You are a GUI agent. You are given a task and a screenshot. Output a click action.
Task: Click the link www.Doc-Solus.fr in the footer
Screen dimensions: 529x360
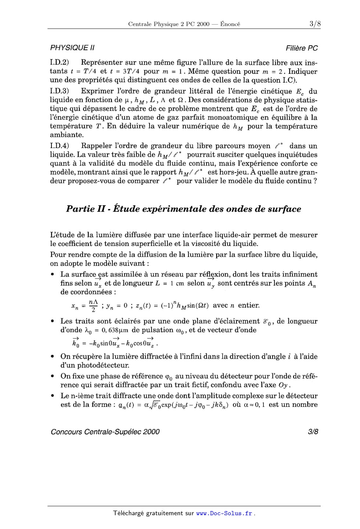(x=224, y=513)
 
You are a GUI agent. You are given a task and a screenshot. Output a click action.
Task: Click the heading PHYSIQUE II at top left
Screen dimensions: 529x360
(x=72, y=48)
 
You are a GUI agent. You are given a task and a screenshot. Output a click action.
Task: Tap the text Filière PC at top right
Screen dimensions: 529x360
(x=302, y=48)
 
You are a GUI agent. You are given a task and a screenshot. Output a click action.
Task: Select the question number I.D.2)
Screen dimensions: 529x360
(x=60, y=63)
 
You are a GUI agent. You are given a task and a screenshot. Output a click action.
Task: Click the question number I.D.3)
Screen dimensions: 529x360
(x=60, y=91)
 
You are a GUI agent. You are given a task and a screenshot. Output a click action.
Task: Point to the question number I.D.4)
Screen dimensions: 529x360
(x=60, y=146)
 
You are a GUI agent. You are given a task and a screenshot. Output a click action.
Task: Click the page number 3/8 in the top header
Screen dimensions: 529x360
(x=315, y=24)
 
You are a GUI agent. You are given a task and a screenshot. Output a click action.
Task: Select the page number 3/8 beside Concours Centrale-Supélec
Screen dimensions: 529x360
(x=313, y=432)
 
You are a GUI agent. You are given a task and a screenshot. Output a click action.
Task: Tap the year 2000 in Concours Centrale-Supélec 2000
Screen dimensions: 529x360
(x=151, y=432)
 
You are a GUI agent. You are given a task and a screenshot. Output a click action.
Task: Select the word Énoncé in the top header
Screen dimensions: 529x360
(x=230, y=24)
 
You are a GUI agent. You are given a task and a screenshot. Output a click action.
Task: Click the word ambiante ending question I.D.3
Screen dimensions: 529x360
(x=67, y=135)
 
